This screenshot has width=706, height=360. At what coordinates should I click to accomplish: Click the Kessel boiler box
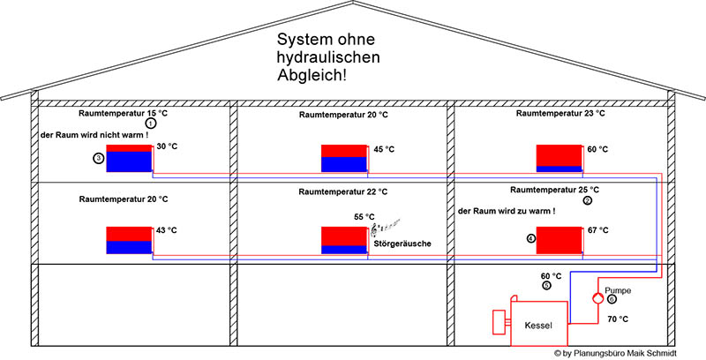click(538, 325)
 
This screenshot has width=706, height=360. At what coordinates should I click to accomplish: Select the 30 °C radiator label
click(167, 147)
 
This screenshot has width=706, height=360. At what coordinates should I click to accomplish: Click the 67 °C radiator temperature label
click(597, 231)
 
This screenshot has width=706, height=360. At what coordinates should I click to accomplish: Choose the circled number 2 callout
click(587, 200)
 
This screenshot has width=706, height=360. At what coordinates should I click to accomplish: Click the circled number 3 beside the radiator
click(98, 159)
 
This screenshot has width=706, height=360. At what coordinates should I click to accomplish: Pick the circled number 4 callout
click(530, 238)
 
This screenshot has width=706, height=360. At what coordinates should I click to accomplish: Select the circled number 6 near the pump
click(612, 298)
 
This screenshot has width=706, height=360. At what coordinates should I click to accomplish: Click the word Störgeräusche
click(402, 243)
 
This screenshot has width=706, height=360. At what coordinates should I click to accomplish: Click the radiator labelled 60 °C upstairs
click(559, 156)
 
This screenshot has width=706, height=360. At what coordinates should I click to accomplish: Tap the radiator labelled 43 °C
click(129, 240)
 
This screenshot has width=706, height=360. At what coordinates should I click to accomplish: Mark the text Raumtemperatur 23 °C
click(560, 114)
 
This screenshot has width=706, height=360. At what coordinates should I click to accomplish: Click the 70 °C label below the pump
click(617, 319)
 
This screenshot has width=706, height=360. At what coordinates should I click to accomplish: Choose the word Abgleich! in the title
click(312, 77)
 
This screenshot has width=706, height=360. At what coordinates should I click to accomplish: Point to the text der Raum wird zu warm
click(507, 213)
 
